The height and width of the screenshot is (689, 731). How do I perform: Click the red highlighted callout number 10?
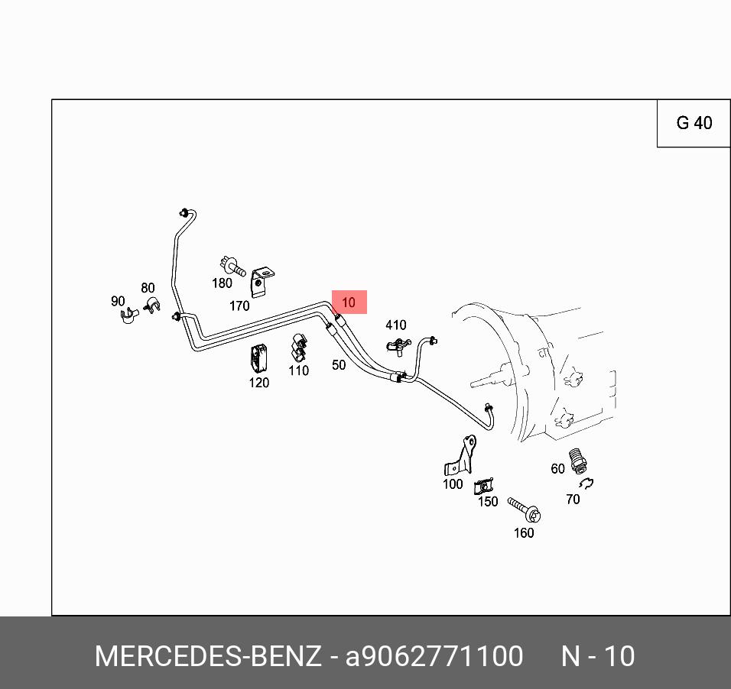click(349, 302)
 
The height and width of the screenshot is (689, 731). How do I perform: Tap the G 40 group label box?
click(694, 123)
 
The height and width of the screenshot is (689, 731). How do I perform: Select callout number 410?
click(396, 325)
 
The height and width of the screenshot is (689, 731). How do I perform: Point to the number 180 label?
click(222, 283)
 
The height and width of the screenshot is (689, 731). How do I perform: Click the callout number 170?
click(239, 306)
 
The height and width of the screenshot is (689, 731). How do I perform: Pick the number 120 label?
click(259, 383)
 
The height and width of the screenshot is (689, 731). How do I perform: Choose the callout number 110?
click(298, 370)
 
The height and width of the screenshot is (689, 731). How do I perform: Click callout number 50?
click(339, 365)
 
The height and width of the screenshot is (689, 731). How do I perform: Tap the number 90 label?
click(118, 301)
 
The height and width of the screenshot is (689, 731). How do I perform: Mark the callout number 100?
click(453, 484)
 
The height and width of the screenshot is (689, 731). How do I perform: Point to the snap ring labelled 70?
click(586, 483)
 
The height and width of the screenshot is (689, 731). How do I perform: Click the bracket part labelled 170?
click(262, 280)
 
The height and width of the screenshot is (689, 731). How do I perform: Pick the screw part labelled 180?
click(230, 267)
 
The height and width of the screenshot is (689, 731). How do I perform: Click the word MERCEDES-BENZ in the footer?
click(207, 656)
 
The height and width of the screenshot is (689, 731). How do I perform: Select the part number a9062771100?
click(434, 656)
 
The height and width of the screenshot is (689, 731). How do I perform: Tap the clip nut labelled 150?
click(483, 487)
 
